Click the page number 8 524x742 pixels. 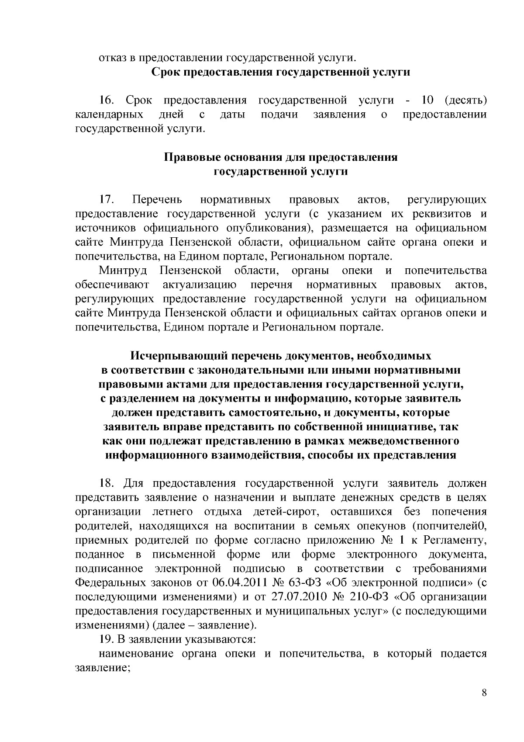tap(484, 693)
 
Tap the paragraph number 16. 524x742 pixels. tap(107, 101)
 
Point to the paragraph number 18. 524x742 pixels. tap(107, 484)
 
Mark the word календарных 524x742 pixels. tap(109, 115)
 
